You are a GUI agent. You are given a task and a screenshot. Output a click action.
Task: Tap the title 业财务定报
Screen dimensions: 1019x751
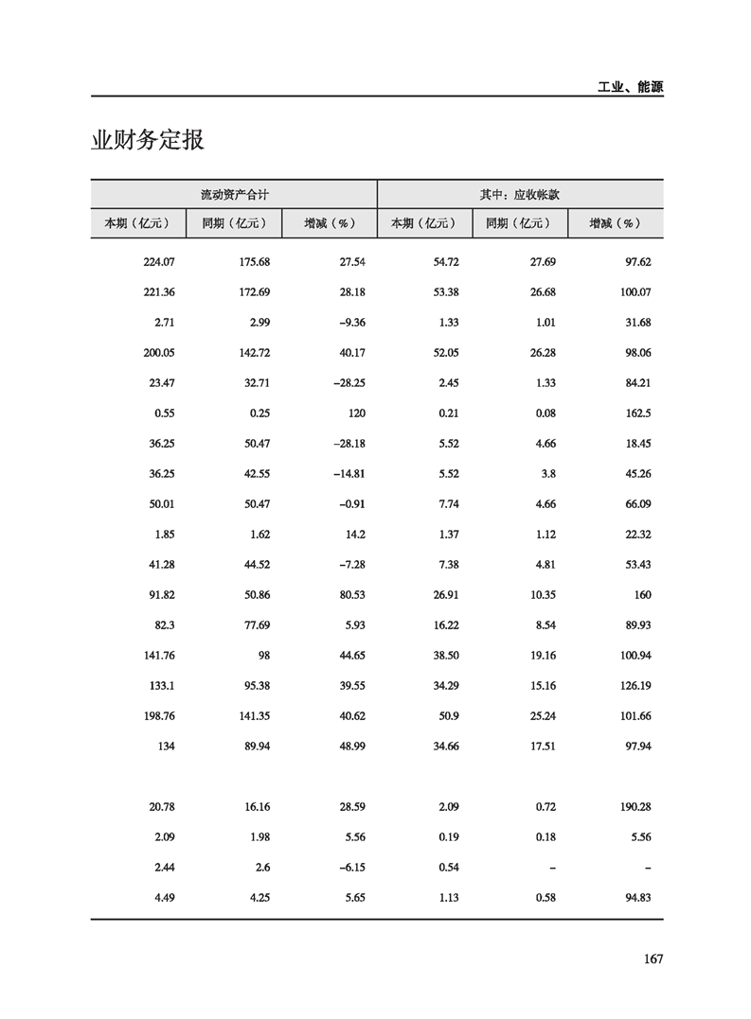[148, 141]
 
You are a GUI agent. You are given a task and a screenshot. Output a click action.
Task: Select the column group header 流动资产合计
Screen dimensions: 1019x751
[234, 194]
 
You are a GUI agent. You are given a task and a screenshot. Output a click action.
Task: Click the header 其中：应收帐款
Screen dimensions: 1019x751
[520, 194]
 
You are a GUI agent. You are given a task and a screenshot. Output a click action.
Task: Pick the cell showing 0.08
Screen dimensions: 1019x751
[543, 413]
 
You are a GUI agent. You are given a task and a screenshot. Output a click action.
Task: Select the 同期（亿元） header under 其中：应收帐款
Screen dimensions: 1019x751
[519, 224]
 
